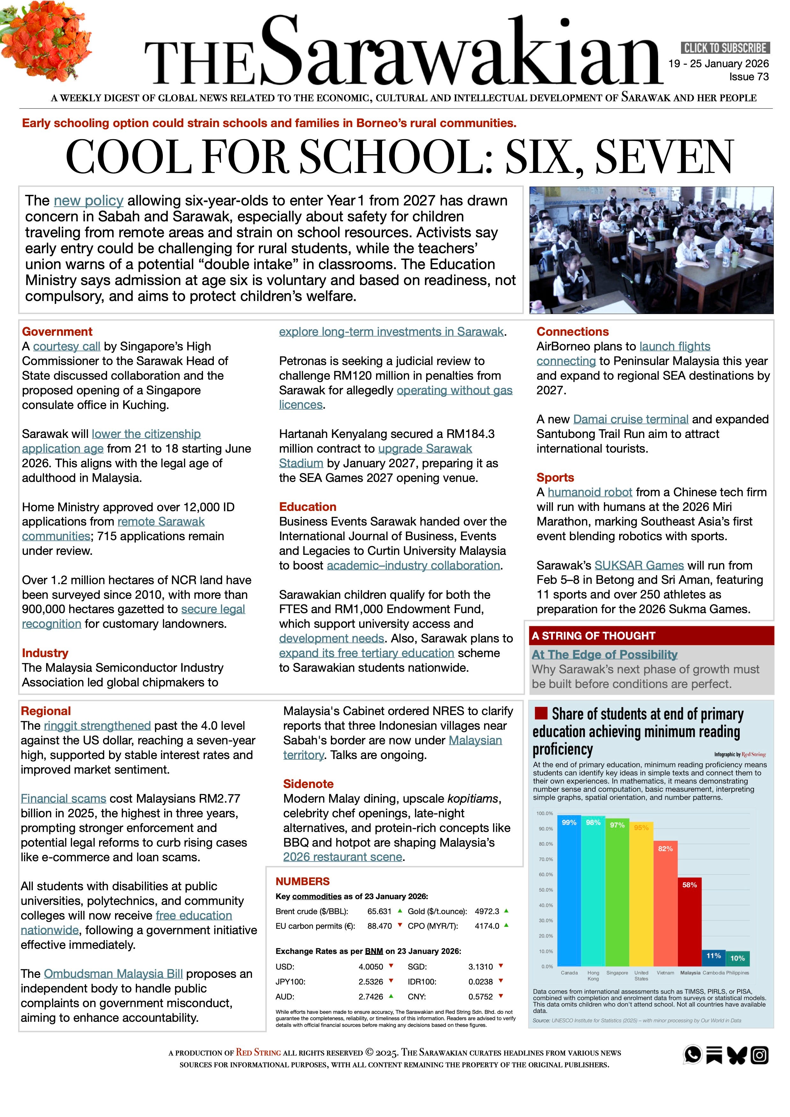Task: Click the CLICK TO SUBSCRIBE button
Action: [725, 48]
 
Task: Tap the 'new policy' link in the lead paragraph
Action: [88, 200]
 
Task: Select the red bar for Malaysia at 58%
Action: [689, 921]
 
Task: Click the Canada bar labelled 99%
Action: [569, 890]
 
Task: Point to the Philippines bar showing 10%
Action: [737, 958]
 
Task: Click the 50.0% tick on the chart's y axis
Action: [545, 890]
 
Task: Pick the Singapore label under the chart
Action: [617, 973]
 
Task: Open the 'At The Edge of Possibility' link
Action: [604, 654]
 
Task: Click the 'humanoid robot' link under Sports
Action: [590, 492]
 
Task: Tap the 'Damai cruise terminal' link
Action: [630, 419]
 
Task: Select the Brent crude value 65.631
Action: [379, 911]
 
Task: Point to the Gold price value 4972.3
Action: [487, 911]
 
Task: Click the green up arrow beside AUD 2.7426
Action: [391, 996]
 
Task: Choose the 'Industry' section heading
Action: [45, 653]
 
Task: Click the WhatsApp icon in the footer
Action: [693, 1055]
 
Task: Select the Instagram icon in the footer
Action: [759, 1055]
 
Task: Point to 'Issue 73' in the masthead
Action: [749, 77]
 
